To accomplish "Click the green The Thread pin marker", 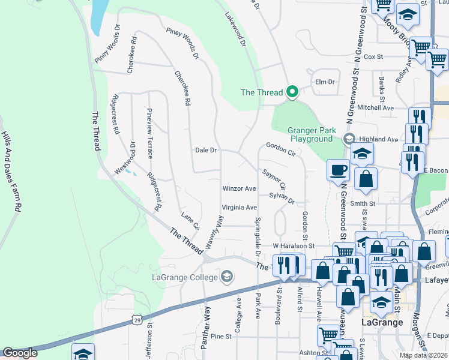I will (292, 92).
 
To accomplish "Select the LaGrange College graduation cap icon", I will (226, 276).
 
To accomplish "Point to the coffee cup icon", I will (338, 170).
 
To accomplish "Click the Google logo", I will (19, 353).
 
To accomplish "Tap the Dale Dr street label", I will (205, 150).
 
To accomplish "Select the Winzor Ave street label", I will (239, 188).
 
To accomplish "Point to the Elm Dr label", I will (324, 82).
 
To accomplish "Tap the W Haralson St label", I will (294, 246).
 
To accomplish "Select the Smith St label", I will (363, 204).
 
